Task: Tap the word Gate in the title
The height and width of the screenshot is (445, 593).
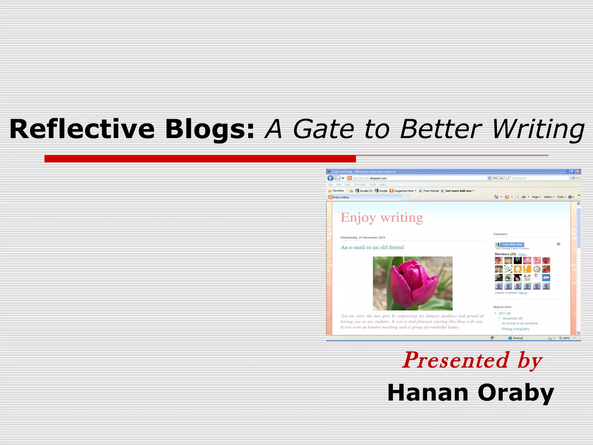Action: tap(323, 129)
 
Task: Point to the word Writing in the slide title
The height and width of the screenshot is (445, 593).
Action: tap(538, 129)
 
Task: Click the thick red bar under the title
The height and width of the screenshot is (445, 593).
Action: tap(200, 159)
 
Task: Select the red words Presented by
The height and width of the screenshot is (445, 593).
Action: tap(472, 360)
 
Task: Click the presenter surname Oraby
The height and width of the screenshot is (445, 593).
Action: tap(516, 393)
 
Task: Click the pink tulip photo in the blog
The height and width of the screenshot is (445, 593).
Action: tap(412, 283)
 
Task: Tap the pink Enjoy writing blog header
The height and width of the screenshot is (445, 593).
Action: tap(382, 218)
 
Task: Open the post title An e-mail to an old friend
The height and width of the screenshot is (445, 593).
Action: tap(372, 247)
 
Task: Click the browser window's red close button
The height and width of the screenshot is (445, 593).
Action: tap(578, 172)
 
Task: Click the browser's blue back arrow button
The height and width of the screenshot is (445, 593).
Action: tap(330, 178)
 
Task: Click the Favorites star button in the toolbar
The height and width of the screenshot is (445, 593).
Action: tap(336, 191)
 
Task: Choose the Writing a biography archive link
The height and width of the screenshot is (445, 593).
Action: tap(516, 329)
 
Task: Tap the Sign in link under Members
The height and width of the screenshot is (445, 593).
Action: tap(523, 293)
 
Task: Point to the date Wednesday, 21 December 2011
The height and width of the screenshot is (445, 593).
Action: tap(363, 238)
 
